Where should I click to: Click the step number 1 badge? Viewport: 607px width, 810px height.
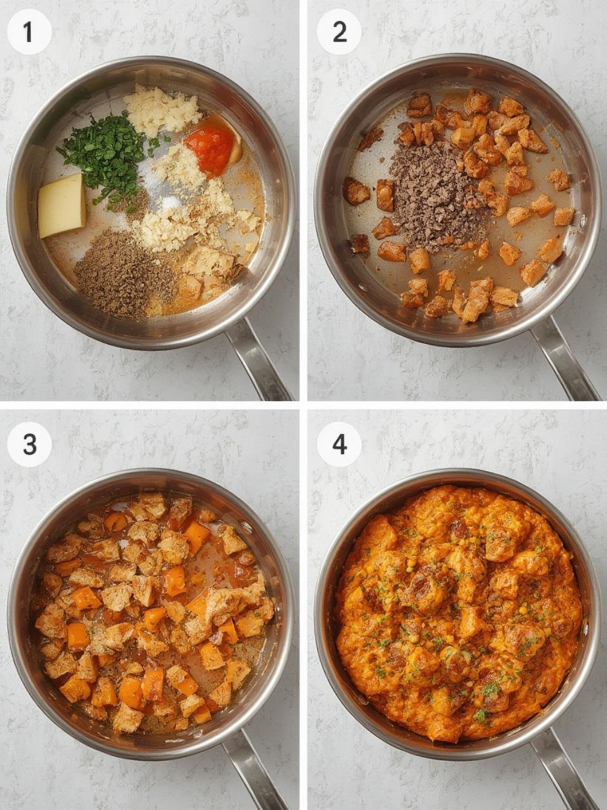29,32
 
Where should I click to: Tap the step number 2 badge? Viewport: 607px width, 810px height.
339,32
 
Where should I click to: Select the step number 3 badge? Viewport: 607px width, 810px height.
29,444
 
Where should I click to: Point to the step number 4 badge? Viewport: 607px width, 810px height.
340,444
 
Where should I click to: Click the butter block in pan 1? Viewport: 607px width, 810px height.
62,206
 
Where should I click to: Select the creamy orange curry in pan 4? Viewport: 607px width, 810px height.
458,613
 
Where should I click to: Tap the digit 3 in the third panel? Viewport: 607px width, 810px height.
29,444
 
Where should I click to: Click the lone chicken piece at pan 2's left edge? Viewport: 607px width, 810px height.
356,191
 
